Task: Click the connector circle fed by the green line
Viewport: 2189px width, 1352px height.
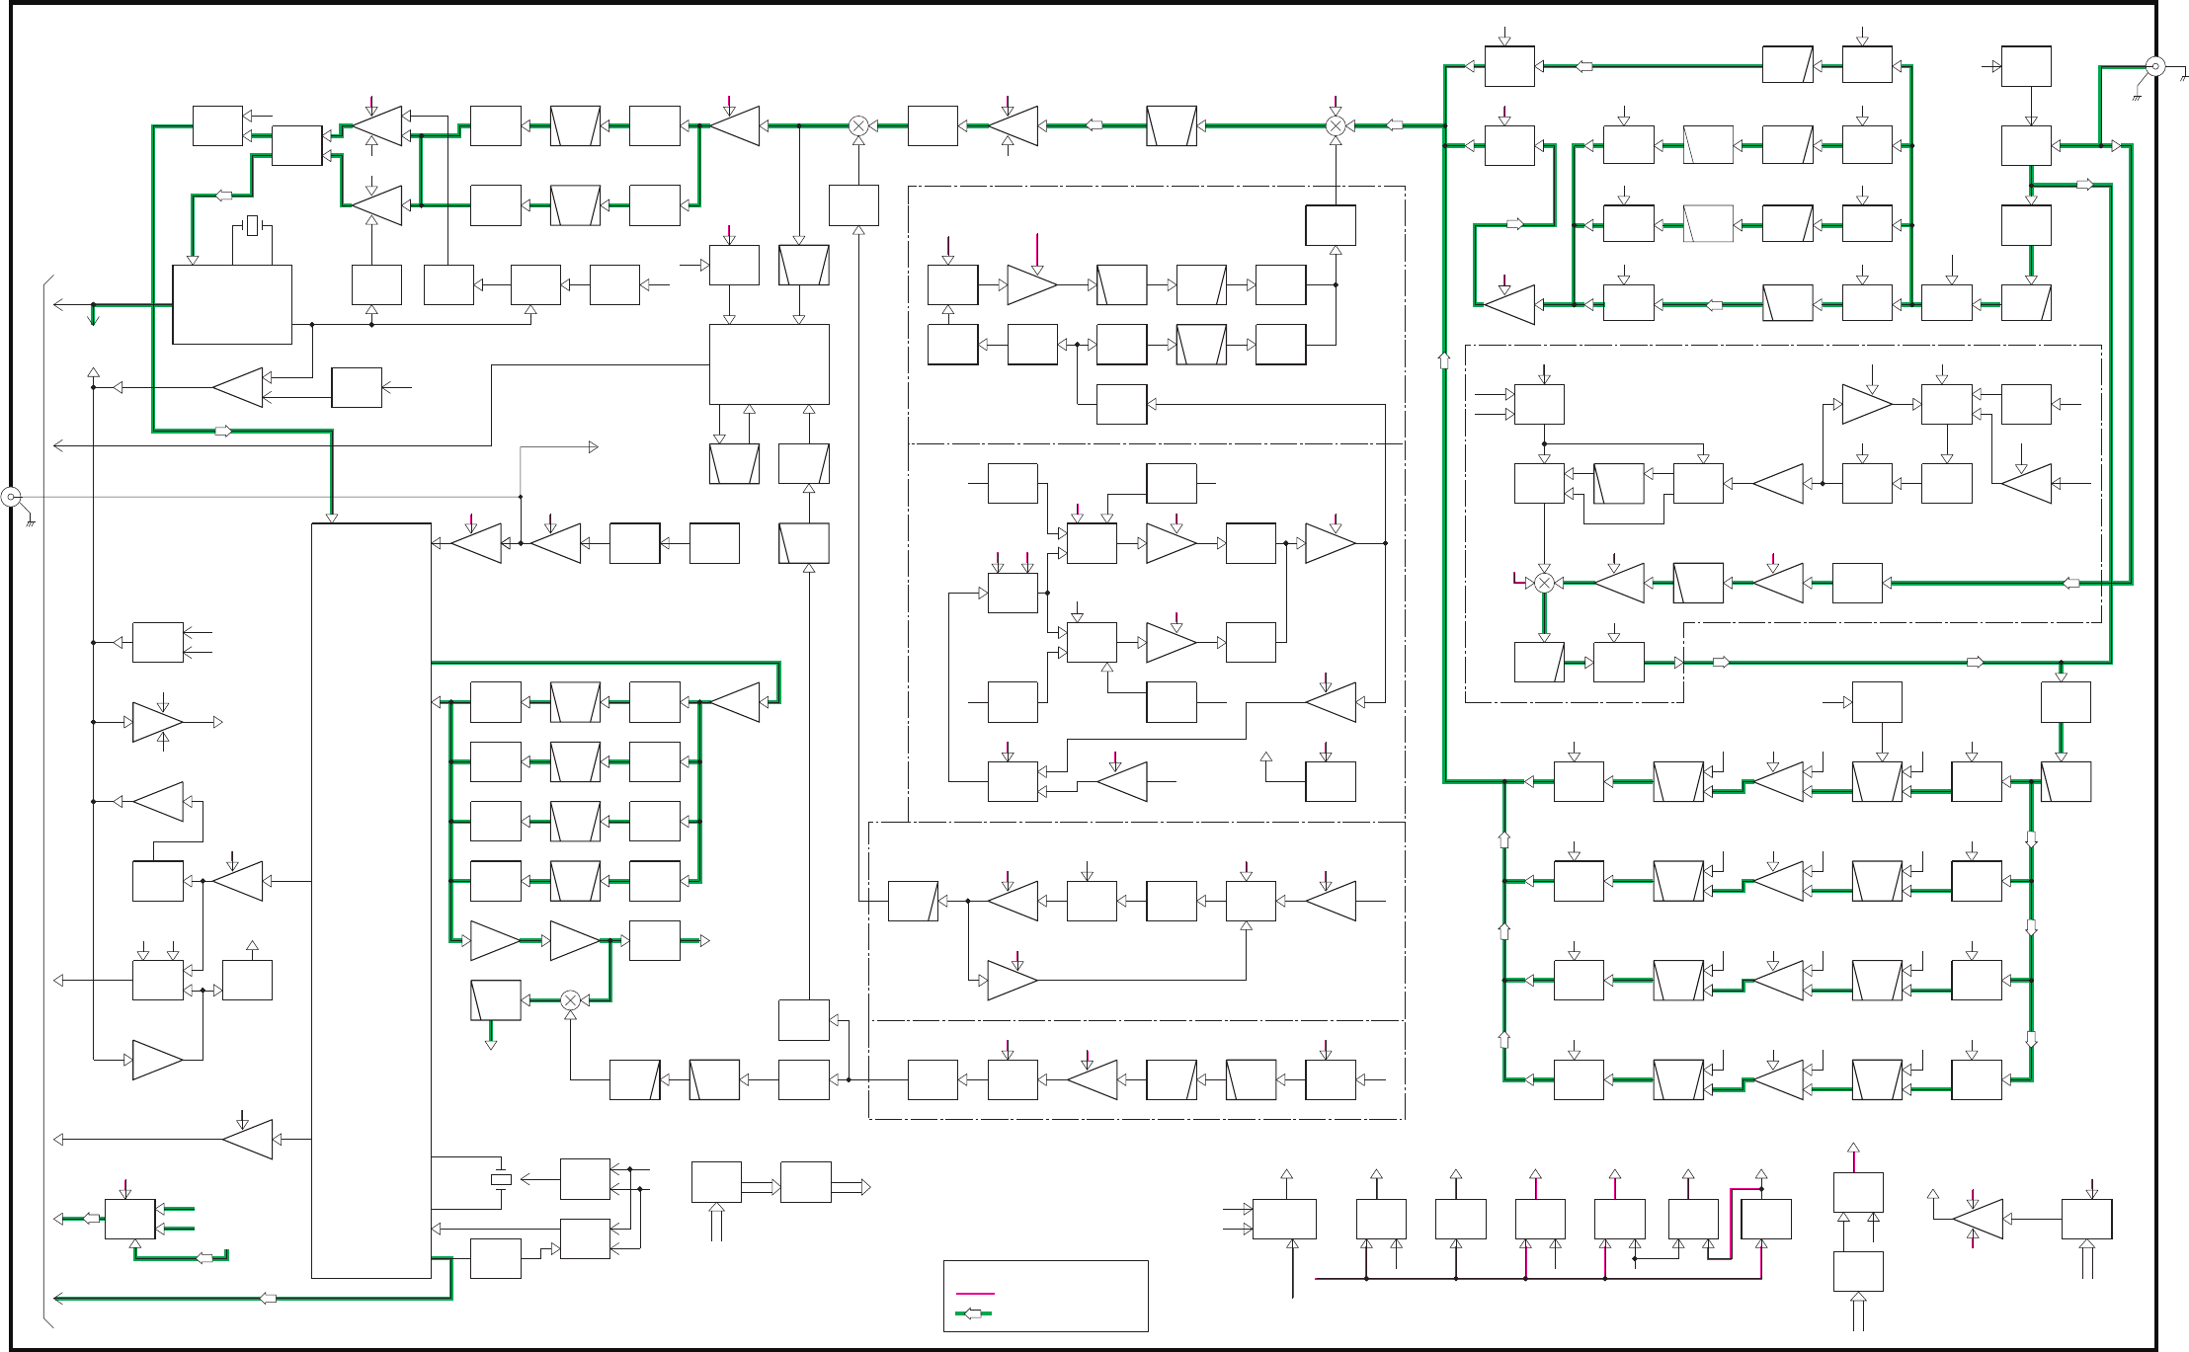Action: pyautogui.click(x=2155, y=66)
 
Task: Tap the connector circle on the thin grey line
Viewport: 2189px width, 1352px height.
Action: pyautogui.click(x=11, y=497)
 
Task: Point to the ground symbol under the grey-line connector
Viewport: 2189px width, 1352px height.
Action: pyautogui.click(x=31, y=520)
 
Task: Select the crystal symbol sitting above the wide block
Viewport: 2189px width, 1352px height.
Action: pyautogui.click(x=253, y=226)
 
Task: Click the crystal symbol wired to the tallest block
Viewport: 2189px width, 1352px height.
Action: pyautogui.click(x=501, y=1179)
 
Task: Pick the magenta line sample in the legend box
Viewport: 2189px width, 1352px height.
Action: pyautogui.click(x=975, y=1293)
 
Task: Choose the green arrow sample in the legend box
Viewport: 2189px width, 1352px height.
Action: pyautogui.click(x=975, y=1313)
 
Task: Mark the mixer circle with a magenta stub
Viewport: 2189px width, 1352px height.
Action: pyautogui.click(x=1544, y=583)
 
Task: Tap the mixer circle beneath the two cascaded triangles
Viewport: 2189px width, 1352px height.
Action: pyautogui.click(x=570, y=1000)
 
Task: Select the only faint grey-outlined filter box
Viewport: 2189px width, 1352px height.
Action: pyautogui.click(x=1708, y=224)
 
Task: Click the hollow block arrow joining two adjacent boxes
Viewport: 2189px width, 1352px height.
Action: pyautogui.click(x=761, y=1187)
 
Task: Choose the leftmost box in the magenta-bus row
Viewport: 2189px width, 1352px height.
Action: pyautogui.click(x=1284, y=1220)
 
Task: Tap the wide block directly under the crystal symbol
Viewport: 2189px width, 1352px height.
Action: pyautogui.click(x=232, y=304)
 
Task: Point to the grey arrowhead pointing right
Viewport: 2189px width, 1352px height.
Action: pyautogui.click(x=594, y=447)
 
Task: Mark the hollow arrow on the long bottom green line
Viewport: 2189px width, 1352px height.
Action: pyautogui.click(x=268, y=1298)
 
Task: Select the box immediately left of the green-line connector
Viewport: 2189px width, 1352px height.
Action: pyautogui.click(x=2026, y=66)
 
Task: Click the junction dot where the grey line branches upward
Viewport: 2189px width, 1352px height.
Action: pyautogui.click(x=521, y=497)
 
